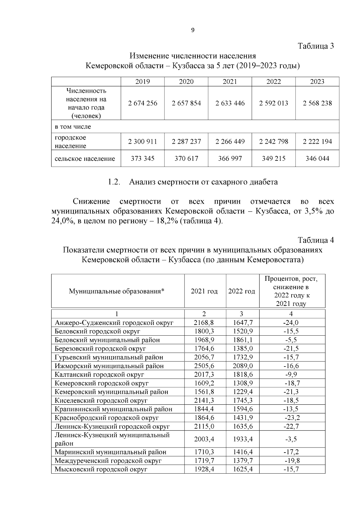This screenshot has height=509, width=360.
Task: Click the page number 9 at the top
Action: click(x=193, y=30)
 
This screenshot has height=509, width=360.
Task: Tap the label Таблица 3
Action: click(x=316, y=46)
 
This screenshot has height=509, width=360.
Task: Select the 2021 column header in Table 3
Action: click(x=230, y=82)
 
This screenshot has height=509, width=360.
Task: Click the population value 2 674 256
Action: click(x=142, y=103)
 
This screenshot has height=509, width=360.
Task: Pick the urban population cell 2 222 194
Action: click(x=317, y=142)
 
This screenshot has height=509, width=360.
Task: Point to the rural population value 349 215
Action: click(x=274, y=158)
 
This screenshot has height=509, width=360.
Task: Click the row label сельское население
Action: click(x=85, y=158)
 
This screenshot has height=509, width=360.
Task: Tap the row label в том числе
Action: click(x=73, y=127)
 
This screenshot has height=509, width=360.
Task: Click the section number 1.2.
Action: click(x=114, y=182)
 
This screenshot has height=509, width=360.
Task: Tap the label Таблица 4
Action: click(x=316, y=240)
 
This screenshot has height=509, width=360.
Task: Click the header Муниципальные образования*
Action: click(x=117, y=291)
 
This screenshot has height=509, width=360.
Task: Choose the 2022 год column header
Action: click(x=241, y=291)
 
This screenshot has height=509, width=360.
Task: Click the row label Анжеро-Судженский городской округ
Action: click(x=114, y=323)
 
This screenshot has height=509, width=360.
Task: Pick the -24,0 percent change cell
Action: click(x=291, y=323)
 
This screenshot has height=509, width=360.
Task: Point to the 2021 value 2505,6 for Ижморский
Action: click(x=204, y=366)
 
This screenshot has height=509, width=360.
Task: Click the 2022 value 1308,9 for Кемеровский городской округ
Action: click(x=243, y=383)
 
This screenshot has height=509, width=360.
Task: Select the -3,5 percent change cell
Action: click(x=291, y=439)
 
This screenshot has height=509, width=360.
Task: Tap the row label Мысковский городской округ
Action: click(x=101, y=469)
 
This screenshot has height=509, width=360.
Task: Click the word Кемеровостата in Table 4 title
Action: click(x=274, y=259)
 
